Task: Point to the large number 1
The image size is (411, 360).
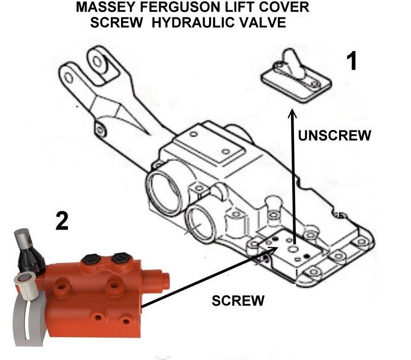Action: click(351, 61)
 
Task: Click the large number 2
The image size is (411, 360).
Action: click(62, 221)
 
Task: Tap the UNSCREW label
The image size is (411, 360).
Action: click(335, 135)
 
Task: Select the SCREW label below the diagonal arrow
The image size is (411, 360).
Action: click(238, 301)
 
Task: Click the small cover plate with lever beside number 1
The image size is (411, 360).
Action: click(296, 76)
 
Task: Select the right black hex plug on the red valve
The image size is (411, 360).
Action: click(120, 258)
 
